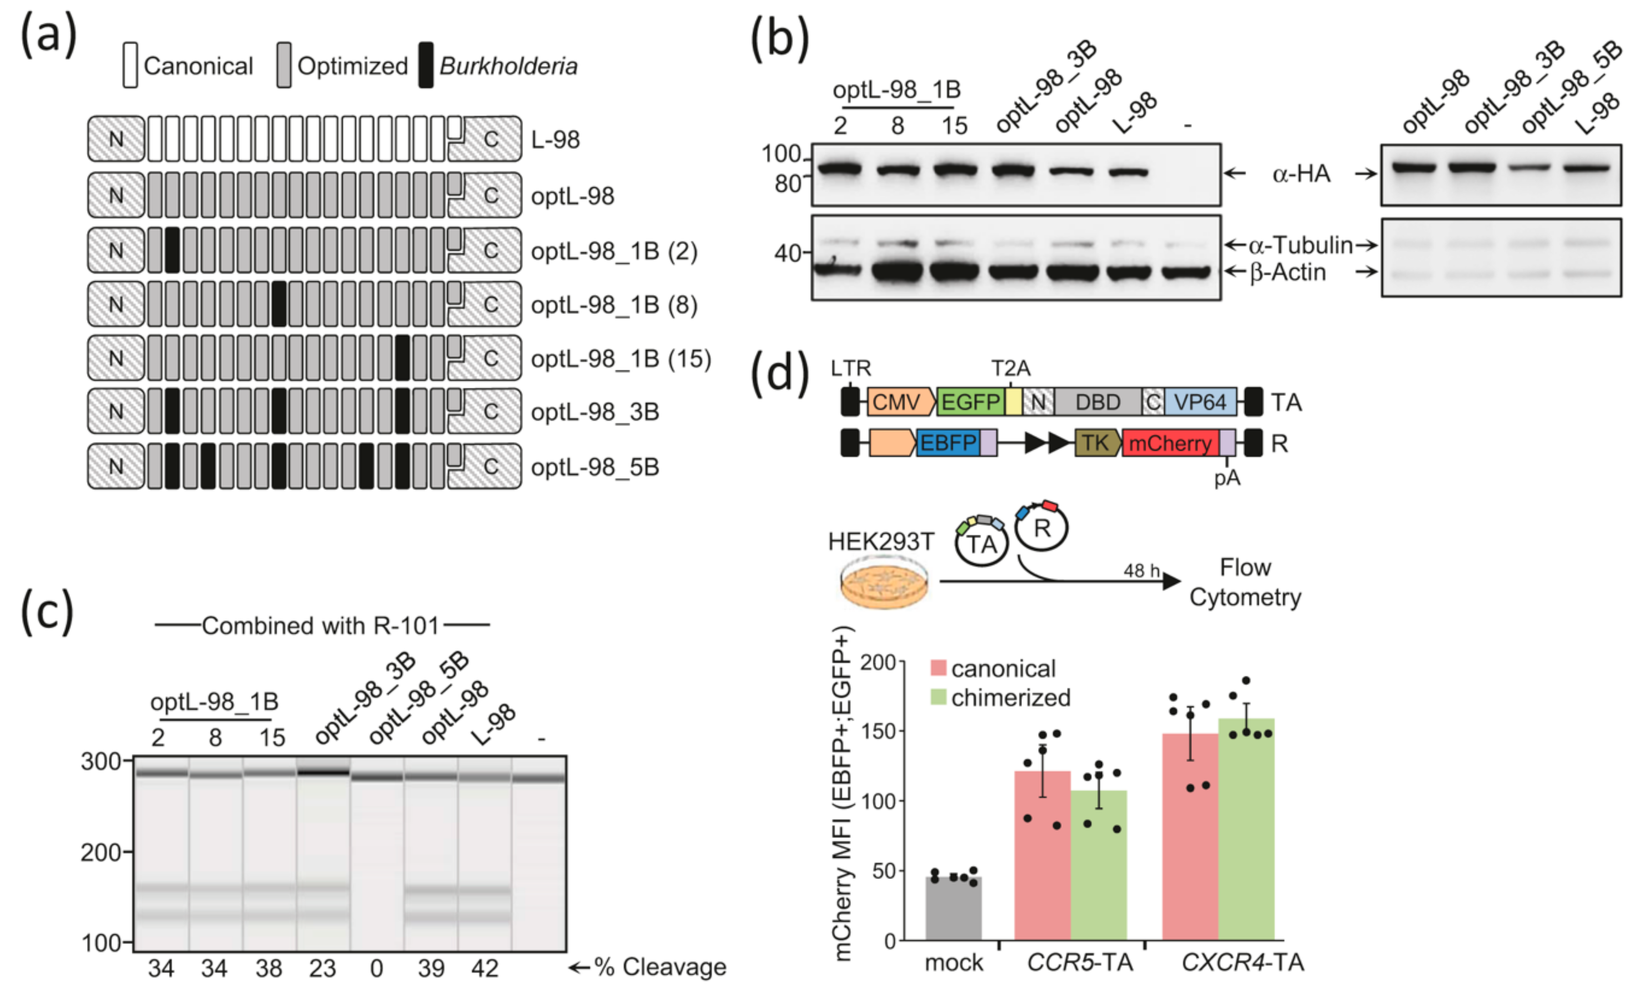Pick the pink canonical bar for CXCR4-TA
1190,836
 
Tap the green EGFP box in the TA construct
970,402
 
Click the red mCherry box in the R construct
1170,443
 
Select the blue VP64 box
1200,402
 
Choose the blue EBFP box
948,443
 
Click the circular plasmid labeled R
1042,528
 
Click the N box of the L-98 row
116,139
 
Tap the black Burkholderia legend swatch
426,65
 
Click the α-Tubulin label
1300,245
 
